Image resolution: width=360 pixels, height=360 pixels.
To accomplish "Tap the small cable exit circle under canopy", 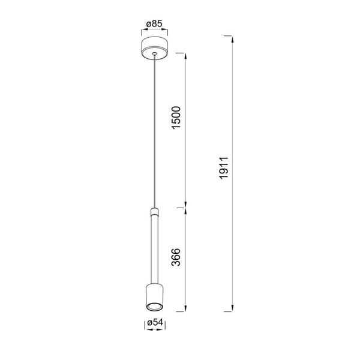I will (155, 55).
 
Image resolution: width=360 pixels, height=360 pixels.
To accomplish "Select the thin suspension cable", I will (155, 132).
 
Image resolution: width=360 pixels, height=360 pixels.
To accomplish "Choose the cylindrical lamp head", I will (155, 297).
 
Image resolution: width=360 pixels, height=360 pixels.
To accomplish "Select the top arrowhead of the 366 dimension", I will (185, 209).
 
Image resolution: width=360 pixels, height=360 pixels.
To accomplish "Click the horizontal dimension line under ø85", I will (155, 31).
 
